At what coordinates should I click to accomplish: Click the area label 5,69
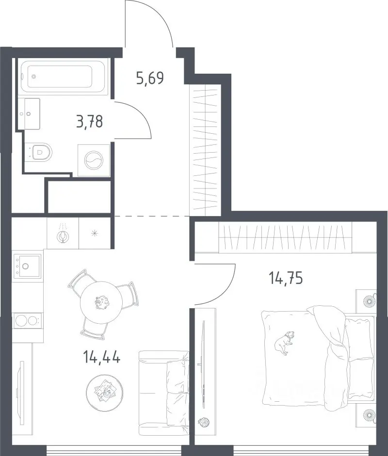coord(150,78)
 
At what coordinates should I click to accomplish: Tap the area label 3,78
coord(90,121)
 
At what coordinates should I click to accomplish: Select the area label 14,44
coord(101,357)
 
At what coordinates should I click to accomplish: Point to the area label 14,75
coord(286,278)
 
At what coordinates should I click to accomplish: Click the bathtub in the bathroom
coord(63,77)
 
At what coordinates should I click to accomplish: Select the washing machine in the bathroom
coord(94,160)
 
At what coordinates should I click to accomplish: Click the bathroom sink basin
coord(29,113)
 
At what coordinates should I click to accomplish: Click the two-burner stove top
coord(27,321)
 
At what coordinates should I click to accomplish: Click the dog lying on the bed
coord(284,342)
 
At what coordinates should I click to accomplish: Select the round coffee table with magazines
coord(104,393)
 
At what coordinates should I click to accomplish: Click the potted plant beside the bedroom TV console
coord(204,422)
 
